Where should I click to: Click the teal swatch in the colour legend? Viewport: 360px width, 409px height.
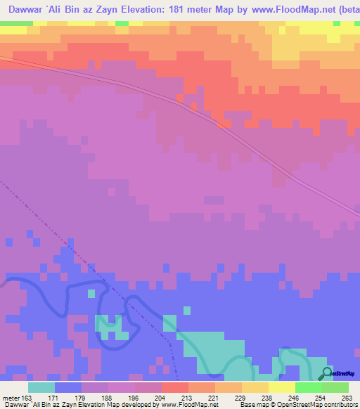click(x=41, y=387)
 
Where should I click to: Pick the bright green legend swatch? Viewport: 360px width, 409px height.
click(x=308, y=387)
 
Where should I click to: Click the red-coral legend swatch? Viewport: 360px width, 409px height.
click(x=174, y=387)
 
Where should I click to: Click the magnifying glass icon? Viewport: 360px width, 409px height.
click(x=326, y=373)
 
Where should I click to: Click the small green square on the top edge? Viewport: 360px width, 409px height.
click(x=122, y=24)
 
